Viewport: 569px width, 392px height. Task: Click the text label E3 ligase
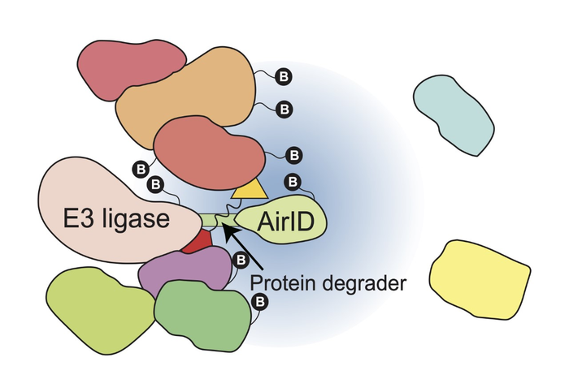pos(117,219)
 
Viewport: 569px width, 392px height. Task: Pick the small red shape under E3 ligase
pos(197,241)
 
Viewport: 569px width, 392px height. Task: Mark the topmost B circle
pos(284,76)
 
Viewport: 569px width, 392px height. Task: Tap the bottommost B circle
pos(262,302)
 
